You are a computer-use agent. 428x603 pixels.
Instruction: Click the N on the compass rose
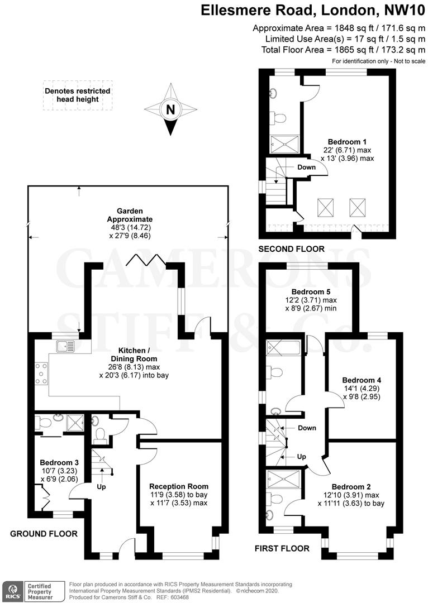click(x=171, y=110)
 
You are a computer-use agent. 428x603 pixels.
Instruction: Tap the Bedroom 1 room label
click(x=343, y=141)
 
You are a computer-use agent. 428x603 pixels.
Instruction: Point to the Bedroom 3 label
click(x=55, y=463)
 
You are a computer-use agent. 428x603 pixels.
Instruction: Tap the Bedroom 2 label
click(x=350, y=486)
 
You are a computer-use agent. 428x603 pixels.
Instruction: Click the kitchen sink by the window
click(x=65, y=347)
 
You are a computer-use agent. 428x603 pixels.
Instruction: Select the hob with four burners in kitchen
click(x=41, y=374)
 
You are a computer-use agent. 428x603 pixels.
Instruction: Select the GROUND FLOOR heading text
click(x=44, y=534)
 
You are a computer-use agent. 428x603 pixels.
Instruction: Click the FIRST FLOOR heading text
click(x=282, y=548)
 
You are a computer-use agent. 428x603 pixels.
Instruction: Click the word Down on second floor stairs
click(x=306, y=167)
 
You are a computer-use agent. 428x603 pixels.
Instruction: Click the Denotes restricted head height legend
click(x=77, y=95)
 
